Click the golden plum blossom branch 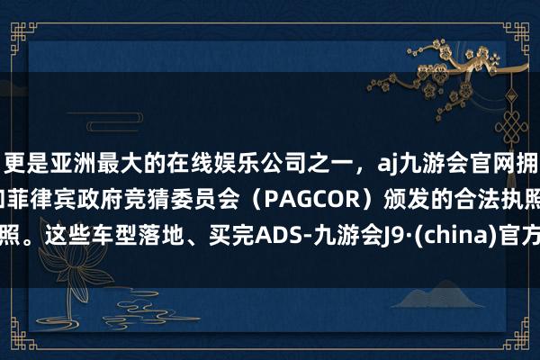coord(459,45)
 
